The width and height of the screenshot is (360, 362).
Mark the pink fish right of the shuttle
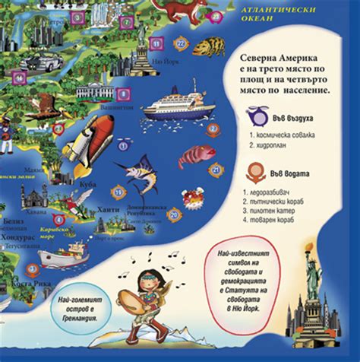(197, 157)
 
